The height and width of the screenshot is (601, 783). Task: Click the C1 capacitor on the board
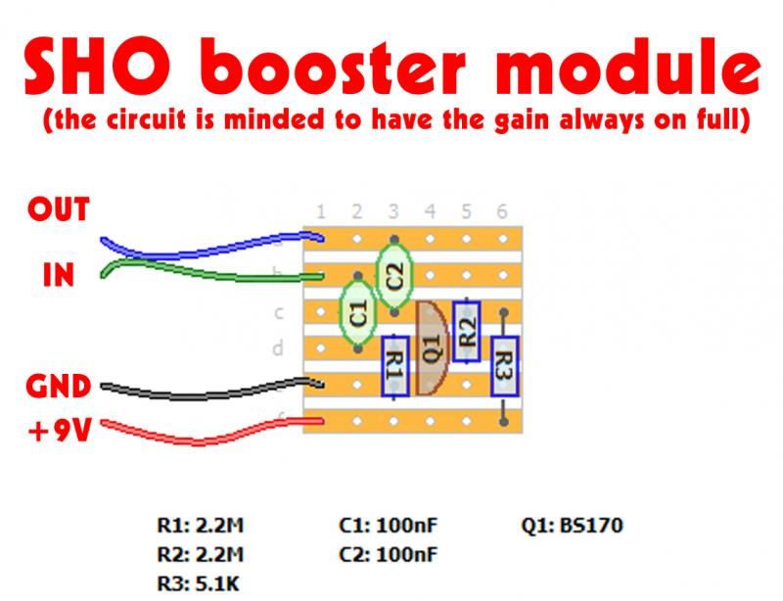click(x=357, y=313)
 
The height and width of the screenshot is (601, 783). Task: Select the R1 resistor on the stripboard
click(x=394, y=364)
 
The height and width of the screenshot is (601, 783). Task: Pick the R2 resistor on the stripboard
click(x=467, y=331)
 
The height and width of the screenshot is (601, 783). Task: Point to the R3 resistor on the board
click(x=503, y=365)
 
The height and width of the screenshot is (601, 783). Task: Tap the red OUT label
click(x=59, y=209)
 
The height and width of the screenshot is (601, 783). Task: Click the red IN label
click(x=59, y=275)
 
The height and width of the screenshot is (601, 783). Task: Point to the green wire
click(x=196, y=263)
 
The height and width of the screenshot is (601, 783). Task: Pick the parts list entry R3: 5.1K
click(x=199, y=584)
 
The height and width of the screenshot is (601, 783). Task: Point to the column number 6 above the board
click(x=502, y=211)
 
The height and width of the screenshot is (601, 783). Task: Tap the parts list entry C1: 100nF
click(x=388, y=526)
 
